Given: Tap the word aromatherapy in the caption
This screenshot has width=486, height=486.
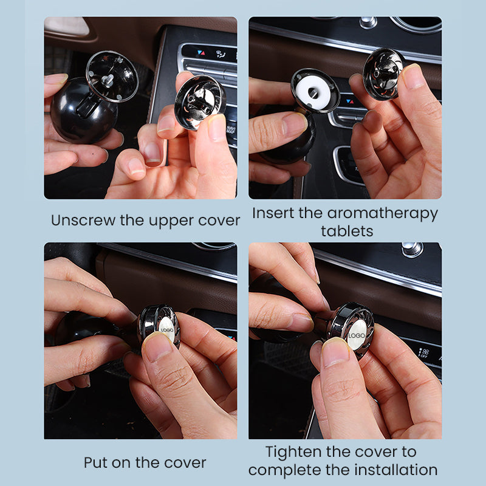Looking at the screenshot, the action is tap(383, 214).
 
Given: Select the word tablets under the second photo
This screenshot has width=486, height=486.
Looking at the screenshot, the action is tap(347, 231).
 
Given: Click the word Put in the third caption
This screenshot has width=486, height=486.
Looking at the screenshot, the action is tap(96, 463).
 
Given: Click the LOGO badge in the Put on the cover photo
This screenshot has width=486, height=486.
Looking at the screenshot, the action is tap(167, 330).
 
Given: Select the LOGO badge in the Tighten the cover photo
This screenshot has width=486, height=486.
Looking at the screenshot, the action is tap(357, 335).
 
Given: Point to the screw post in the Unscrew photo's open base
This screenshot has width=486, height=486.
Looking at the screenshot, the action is tap(108, 80).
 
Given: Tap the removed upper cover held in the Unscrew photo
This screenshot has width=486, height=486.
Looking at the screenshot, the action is tap(199, 102).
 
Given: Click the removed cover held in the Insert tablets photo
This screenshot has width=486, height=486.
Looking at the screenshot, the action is tap(383, 74).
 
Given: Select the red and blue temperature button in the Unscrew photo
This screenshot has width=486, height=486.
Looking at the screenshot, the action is tap(201, 53).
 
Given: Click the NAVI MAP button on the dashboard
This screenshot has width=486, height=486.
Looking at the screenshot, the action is tap(231, 129).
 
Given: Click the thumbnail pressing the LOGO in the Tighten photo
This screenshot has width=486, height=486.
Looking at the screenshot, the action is tap(336, 352).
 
